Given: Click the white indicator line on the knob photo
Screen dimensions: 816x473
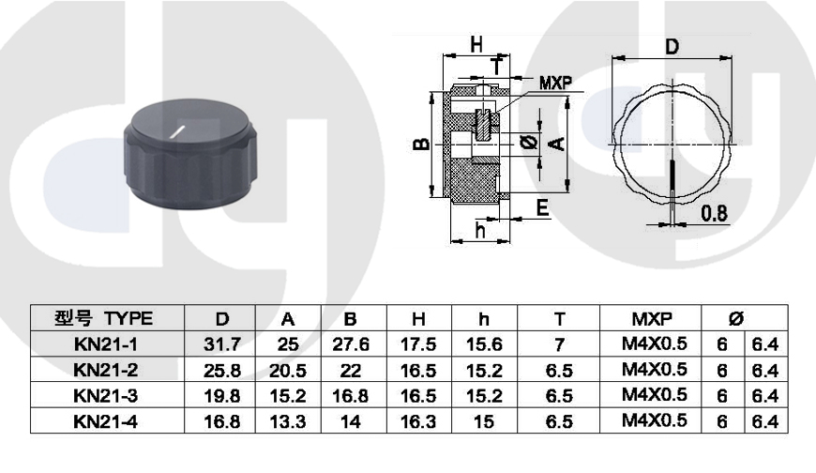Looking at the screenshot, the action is [x=177, y=132].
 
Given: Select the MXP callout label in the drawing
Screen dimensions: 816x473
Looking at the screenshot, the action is [x=556, y=83].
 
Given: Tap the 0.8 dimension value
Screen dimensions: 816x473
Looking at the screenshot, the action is [x=714, y=213].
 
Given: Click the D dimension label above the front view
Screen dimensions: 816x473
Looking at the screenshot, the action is [x=672, y=47].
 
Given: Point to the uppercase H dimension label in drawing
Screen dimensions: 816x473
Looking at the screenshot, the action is [x=476, y=45].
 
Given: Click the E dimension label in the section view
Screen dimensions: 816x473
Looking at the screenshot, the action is [x=543, y=207].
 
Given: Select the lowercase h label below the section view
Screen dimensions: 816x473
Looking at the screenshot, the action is [x=480, y=229].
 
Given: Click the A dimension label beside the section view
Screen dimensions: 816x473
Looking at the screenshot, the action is [x=557, y=144].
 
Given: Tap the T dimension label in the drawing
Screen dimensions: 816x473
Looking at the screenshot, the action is [x=498, y=67].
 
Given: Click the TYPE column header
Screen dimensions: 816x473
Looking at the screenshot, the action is [x=128, y=318].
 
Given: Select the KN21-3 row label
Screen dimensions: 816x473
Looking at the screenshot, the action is [x=106, y=396].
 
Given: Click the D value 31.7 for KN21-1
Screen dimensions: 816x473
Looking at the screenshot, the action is [x=222, y=344].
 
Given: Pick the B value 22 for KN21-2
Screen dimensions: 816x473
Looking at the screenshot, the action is [x=350, y=371].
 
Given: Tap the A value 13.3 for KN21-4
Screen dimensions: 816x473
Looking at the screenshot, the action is [x=288, y=421].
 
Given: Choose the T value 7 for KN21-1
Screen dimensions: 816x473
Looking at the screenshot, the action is [x=559, y=344].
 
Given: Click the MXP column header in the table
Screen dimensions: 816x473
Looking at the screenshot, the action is [x=652, y=318].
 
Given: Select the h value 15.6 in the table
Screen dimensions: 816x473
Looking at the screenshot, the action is [x=484, y=344].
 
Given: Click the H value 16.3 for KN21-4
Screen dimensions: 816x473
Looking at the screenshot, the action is [x=418, y=421].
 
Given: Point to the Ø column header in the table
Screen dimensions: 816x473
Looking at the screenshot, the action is [x=735, y=318].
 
